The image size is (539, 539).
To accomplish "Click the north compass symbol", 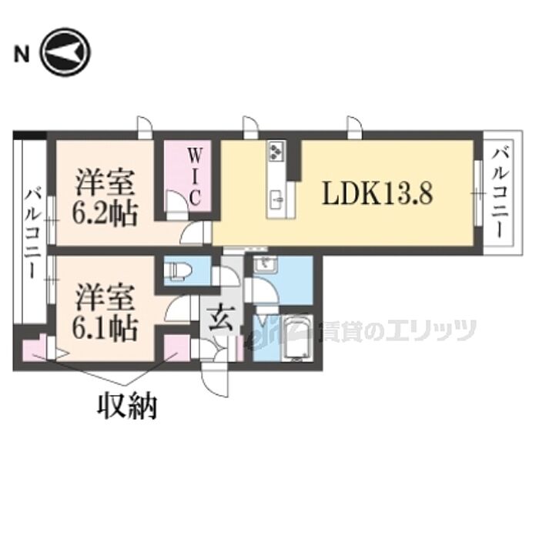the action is [x=65, y=52].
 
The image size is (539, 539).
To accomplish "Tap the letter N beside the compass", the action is [x=21, y=54].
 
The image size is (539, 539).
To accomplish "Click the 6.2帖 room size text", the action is [x=105, y=213].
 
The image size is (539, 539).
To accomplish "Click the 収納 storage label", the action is [x=127, y=406].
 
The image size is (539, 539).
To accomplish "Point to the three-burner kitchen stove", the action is [x=276, y=151].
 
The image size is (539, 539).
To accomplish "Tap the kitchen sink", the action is [x=277, y=199].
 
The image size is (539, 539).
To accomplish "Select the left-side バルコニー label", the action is [x=33, y=233].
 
